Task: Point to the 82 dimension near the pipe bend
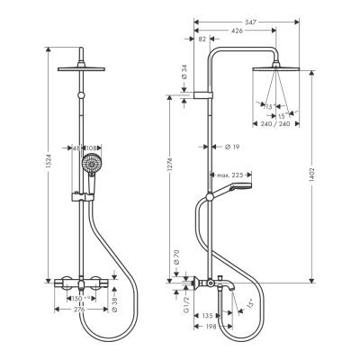coord(201,40)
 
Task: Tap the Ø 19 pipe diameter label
coord(229,146)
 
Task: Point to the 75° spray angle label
coord(268,107)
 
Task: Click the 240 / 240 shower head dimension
coord(280,124)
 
